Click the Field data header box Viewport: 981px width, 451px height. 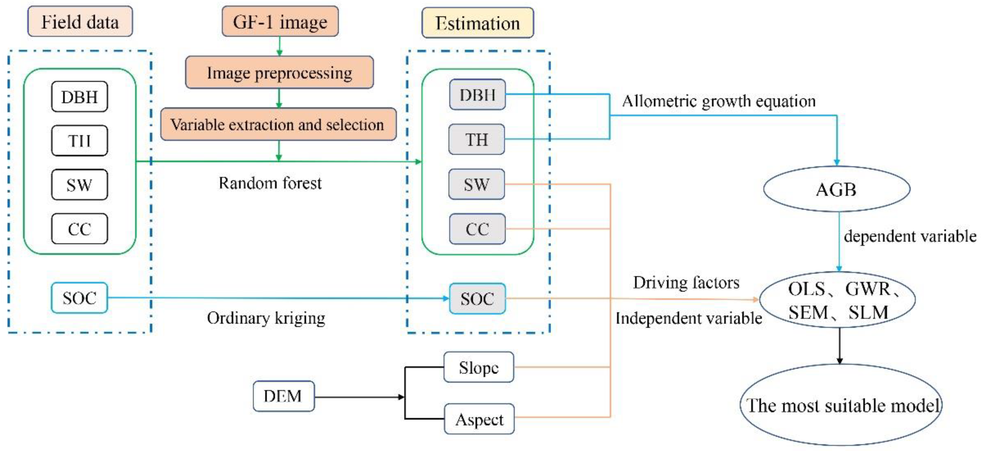point(80,22)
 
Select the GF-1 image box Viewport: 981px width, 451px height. point(280,22)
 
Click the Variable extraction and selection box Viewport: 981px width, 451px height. point(278,124)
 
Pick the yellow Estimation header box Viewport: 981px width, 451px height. point(477,23)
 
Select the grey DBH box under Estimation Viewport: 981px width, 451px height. point(477,95)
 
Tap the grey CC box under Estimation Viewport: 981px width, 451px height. point(477,229)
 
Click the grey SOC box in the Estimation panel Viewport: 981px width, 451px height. point(477,299)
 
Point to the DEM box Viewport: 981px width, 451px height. point(283,396)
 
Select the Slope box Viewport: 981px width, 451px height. point(478,367)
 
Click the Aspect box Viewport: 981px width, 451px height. point(479,419)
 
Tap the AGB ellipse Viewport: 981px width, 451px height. point(837,189)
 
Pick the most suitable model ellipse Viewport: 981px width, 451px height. point(841,405)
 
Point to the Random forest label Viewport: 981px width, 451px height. point(270,183)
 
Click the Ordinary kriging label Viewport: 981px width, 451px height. point(266,318)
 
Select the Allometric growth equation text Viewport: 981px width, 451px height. point(719,101)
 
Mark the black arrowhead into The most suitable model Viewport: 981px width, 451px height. point(839,361)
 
